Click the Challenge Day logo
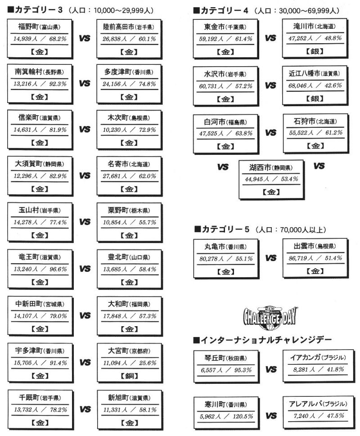(x=270, y=318)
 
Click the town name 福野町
(x=28, y=27)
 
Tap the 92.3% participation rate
(x=58, y=84)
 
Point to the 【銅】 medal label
(x=130, y=376)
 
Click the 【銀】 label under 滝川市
(x=315, y=51)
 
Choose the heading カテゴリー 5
(x=222, y=229)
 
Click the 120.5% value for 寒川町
(x=243, y=416)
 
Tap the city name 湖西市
(x=260, y=167)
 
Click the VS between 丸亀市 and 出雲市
(x=271, y=258)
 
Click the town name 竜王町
(x=29, y=257)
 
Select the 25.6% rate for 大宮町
(x=147, y=363)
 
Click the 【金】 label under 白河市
(x=225, y=146)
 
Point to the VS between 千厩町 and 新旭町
(x=85, y=409)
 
